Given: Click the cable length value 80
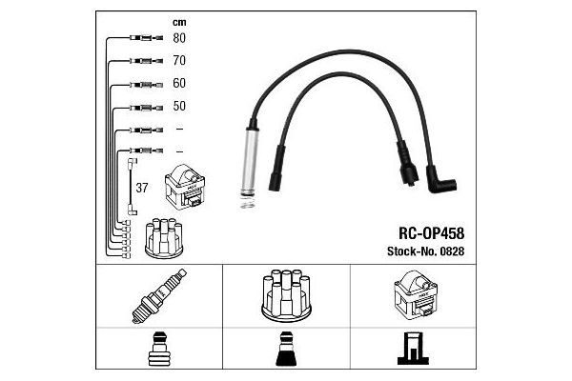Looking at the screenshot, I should [179, 39].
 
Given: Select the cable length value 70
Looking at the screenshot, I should [179, 61].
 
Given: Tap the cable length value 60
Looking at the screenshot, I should [179, 84].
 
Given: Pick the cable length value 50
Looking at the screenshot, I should [179, 107].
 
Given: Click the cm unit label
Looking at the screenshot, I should [178, 21].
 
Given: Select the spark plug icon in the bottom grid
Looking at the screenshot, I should [158, 295].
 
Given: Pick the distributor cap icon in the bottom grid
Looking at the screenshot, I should [286, 295].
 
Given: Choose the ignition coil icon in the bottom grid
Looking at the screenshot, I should [413, 296].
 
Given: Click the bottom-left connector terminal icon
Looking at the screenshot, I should [158, 352].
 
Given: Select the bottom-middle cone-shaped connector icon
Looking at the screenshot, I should [286, 352].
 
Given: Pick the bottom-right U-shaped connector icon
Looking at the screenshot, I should [413, 352].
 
